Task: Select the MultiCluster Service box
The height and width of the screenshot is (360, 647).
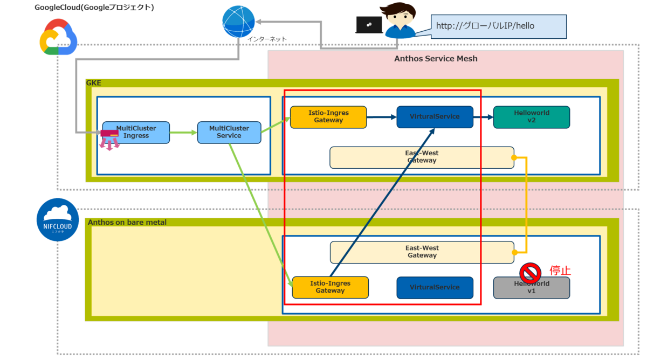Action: tap(229, 132)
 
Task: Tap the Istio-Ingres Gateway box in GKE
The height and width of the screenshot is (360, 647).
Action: tap(328, 117)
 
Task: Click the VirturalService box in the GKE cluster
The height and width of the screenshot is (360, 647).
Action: tap(435, 117)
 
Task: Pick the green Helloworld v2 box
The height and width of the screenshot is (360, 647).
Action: tap(532, 117)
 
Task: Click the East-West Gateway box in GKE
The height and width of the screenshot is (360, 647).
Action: tap(422, 157)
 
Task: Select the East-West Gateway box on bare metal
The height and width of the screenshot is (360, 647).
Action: tap(422, 252)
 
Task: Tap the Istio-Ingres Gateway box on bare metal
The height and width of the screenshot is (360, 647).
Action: tap(330, 287)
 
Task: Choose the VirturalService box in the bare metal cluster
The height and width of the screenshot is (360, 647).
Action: tap(435, 287)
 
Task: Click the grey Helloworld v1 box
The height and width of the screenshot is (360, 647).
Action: tap(532, 288)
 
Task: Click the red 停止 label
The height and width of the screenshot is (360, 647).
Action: tap(560, 271)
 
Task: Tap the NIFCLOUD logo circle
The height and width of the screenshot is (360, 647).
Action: tap(58, 219)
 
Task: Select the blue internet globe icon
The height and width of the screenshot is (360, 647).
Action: tap(238, 22)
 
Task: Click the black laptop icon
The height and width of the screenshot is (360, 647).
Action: tap(369, 25)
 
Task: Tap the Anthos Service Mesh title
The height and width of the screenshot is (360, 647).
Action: tap(436, 58)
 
